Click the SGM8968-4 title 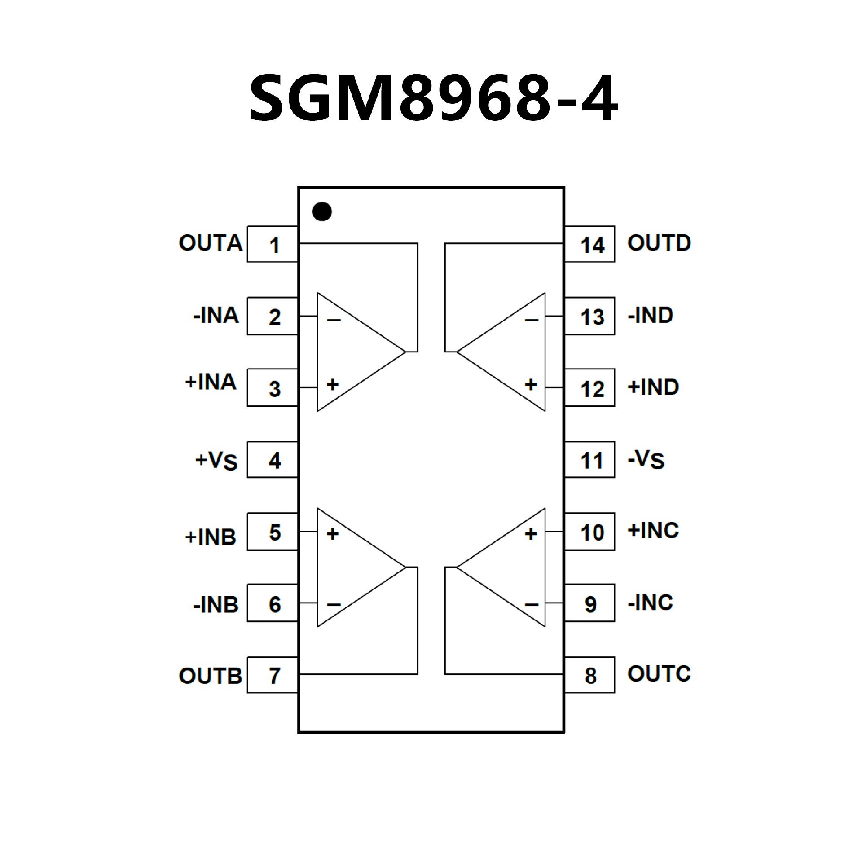click(x=434, y=98)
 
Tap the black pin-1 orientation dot click(x=322, y=211)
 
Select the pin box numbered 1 click(x=273, y=244)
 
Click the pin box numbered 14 click(x=589, y=244)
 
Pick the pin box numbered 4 click(x=273, y=460)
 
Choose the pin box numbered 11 click(x=589, y=460)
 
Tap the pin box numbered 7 click(x=273, y=675)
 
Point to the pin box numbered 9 click(x=589, y=603)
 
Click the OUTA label click(x=211, y=243)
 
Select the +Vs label click(x=216, y=460)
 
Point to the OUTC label click(x=659, y=673)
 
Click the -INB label click(x=215, y=605)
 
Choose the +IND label click(x=653, y=387)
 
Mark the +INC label click(x=653, y=531)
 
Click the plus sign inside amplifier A click(x=333, y=384)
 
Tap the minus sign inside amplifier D click(x=531, y=320)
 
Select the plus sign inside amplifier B click(x=333, y=533)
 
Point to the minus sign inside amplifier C click(x=531, y=605)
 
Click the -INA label click(x=215, y=315)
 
